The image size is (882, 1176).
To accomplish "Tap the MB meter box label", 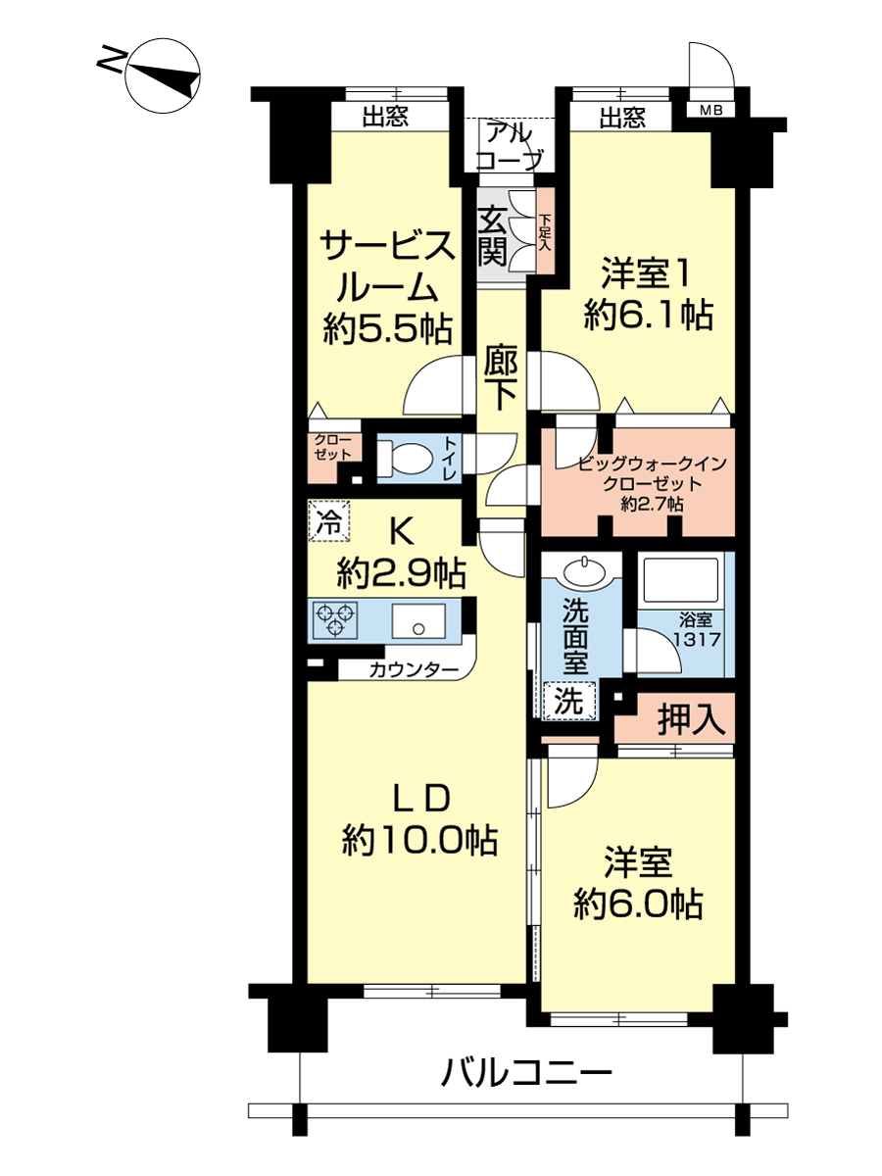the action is tap(711, 111).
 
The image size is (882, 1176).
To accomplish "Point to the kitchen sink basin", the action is tap(418, 621).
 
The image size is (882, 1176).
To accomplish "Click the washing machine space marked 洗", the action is tap(568, 701).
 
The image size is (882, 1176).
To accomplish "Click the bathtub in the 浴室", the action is tap(680, 580).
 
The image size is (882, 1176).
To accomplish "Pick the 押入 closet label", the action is tap(691, 719).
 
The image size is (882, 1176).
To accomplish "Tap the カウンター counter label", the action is tap(414, 669).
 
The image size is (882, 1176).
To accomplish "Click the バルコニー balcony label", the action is tap(526, 1072).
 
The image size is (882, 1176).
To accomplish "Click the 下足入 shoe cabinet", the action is tap(546, 231).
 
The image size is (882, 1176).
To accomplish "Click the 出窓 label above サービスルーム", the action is tap(386, 116).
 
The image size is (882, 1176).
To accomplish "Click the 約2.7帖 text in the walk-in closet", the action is tap(652, 504).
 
